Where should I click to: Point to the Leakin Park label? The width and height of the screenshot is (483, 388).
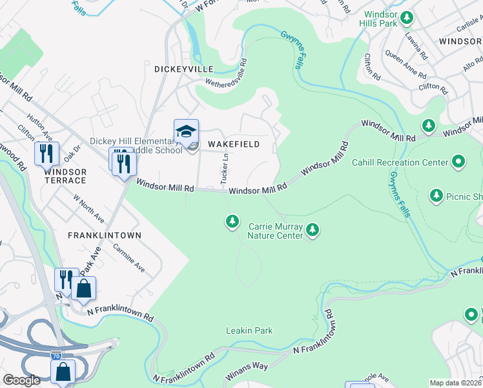249,330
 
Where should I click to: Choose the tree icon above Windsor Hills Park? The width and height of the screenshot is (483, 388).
407,17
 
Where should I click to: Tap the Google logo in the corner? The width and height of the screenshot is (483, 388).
21,380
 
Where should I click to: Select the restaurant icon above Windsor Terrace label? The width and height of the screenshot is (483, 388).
46,153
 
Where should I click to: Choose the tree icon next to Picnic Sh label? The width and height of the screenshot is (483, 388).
437,195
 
